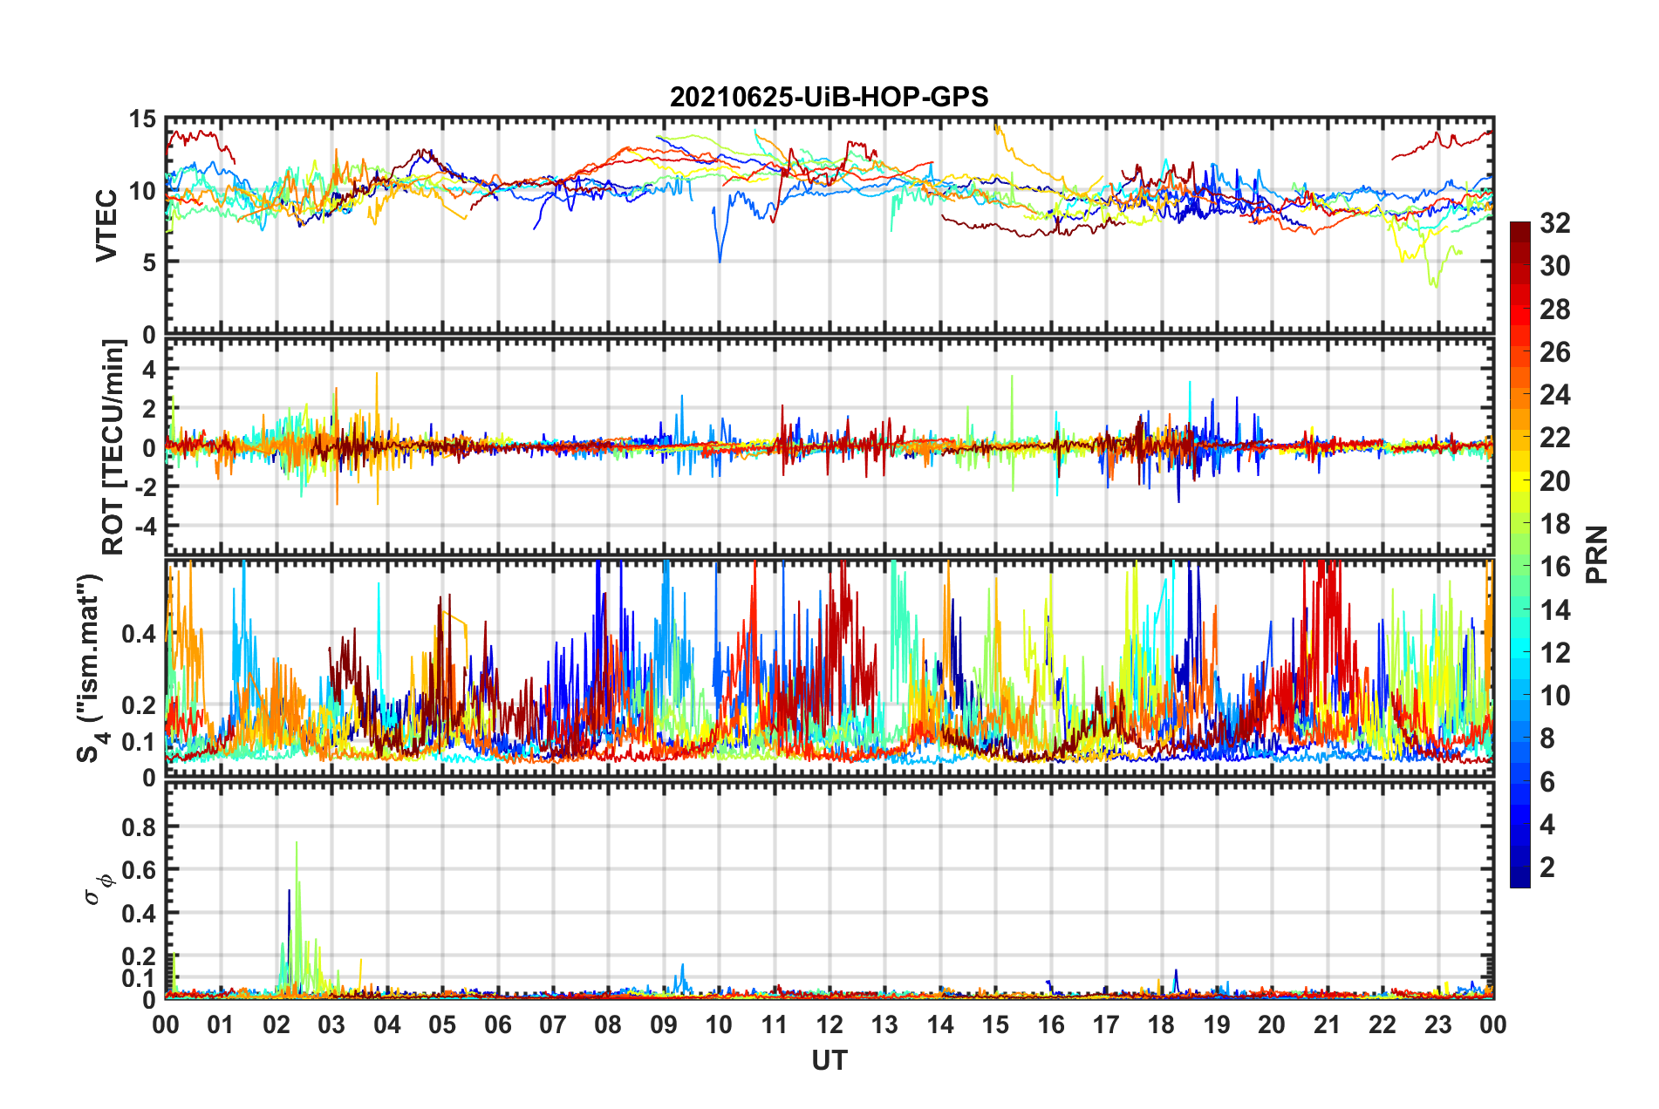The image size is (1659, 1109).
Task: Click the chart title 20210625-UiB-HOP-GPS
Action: pyautogui.click(x=829, y=97)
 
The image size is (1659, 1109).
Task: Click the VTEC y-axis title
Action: pyautogui.click(x=106, y=225)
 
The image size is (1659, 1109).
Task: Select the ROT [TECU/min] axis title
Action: pyautogui.click(x=113, y=447)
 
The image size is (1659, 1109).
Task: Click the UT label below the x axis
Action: pyautogui.click(x=829, y=1060)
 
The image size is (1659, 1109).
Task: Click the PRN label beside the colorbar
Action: pyautogui.click(x=1596, y=554)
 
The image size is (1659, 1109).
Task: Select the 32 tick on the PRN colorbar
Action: pyautogui.click(x=1554, y=224)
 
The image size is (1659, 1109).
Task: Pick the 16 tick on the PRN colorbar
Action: pyautogui.click(x=1554, y=568)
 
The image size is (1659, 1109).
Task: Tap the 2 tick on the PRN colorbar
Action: pyautogui.click(x=1547, y=867)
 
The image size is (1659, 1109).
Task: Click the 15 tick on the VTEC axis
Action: pyautogui.click(x=142, y=119)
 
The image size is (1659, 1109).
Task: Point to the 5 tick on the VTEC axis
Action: pyautogui.click(x=148, y=262)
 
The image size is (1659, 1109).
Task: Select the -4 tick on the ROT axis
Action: pyautogui.click(x=142, y=527)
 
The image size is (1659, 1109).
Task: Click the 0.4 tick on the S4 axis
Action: pyautogui.click(x=140, y=634)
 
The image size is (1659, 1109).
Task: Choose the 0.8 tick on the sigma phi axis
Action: pyautogui.click(x=140, y=827)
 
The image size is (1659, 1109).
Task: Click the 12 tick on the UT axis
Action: pyautogui.click(x=829, y=1024)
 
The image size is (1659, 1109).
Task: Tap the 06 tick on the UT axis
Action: pyautogui.click(x=497, y=1024)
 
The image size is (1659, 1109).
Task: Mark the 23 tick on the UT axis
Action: pyautogui.click(x=1437, y=1024)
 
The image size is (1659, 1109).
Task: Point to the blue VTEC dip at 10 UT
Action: pyautogui.click(x=720, y=260)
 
